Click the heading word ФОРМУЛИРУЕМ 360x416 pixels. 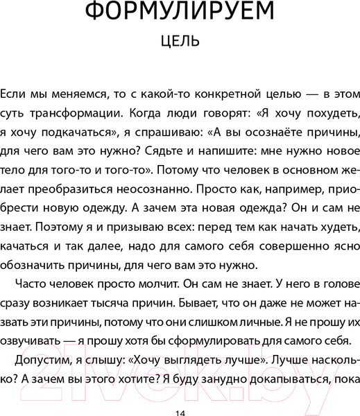click(180, 13)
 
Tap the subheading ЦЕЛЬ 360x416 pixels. click(180, 42)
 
